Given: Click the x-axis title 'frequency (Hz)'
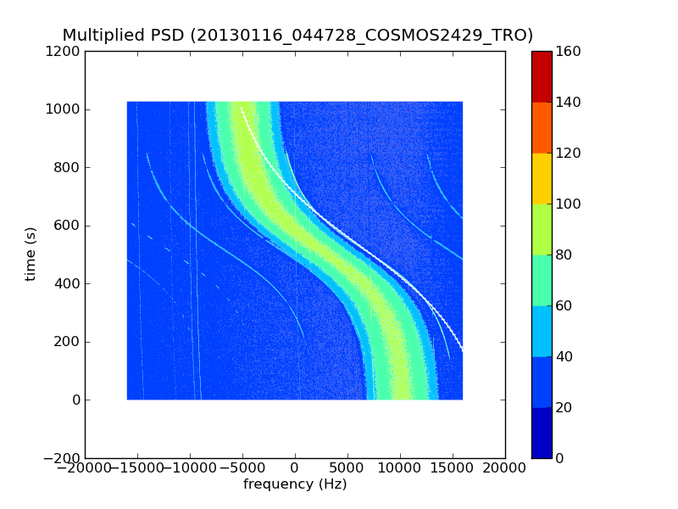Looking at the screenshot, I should pyautogui.click(x=295, y=484).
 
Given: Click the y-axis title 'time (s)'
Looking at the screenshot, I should pyautogui.click(x=31, y=254).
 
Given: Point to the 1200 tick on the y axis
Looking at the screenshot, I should pyautogui.click(x=64, y=52).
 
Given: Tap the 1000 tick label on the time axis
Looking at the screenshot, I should pyautogui.click(x=64, y=109).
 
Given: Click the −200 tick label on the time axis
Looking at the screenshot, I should pyautogui.click(x=62, y=458).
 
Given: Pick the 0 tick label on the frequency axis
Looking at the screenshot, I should pyautogui.click(x=295, y=467).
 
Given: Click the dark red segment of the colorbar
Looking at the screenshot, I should pyautogui.click(x=542, y=76).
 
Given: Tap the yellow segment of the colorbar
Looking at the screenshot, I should pyautogui.click(x=542, y=178).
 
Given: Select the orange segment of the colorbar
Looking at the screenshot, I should pyautogui.click(x=542, y=127).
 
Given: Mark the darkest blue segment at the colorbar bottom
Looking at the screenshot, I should pyautogui.click(x=542, y=433).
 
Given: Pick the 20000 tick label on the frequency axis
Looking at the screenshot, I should pyautogui.click(x=505, y=467).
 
